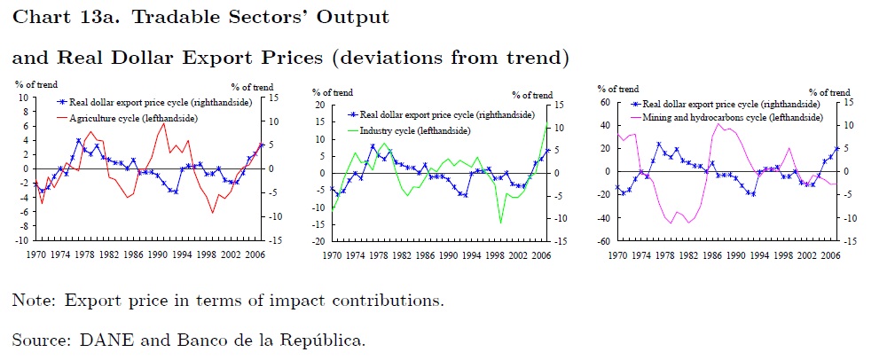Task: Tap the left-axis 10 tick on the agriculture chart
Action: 23,98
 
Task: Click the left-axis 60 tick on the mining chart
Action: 607,102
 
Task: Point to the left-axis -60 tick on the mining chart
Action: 605,240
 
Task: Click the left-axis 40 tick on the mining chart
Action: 607,125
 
